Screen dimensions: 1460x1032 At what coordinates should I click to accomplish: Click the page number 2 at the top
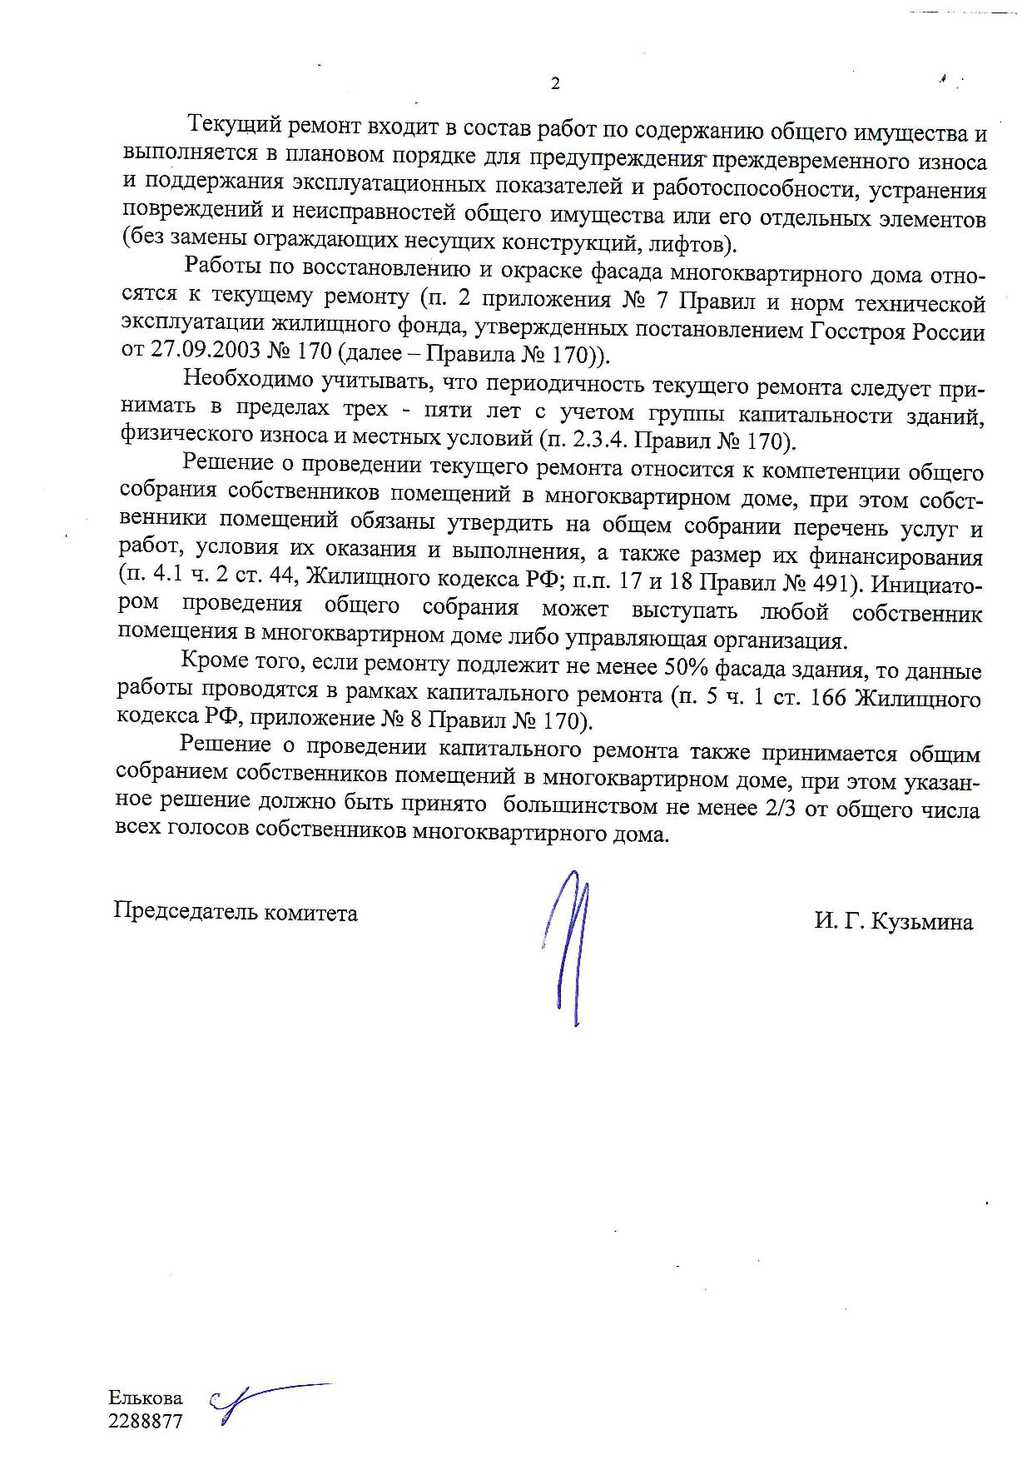(x=555, y=83)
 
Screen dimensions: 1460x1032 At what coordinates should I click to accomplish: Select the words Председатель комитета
(x=236, y=913)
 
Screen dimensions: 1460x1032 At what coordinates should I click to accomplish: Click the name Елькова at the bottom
(x=146, y=1398)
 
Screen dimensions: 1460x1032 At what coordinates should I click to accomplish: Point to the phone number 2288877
(x=145, y=1422)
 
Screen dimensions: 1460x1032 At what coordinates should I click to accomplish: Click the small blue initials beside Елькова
(x=258, y=1403)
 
